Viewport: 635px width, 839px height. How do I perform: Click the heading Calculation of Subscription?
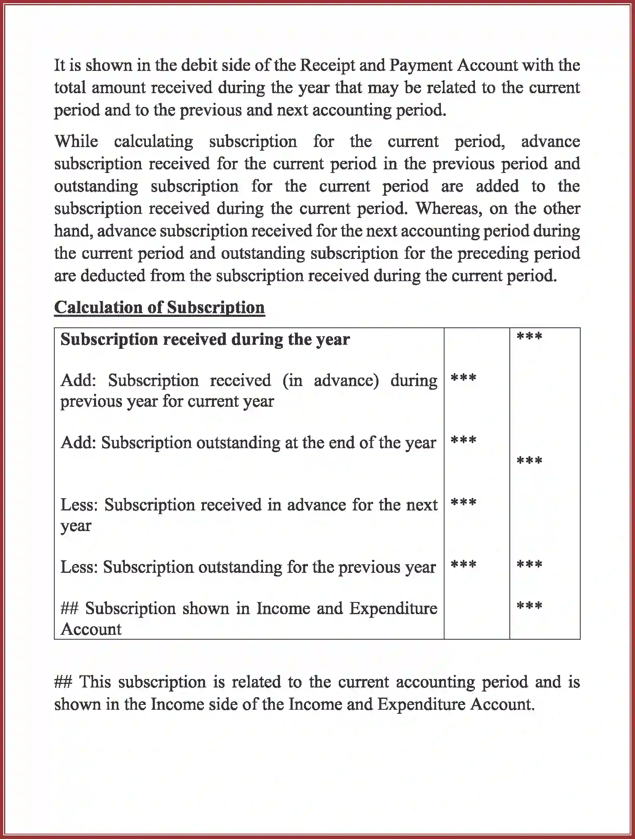[x=159, y=307]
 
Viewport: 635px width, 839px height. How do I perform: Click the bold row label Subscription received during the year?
[x=205, y=339]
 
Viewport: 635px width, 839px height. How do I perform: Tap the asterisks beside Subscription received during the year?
[x=529, y=337]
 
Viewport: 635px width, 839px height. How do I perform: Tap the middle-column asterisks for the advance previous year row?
[x=463, y=379]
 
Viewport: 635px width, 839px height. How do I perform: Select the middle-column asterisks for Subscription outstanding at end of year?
[x=463, y=441]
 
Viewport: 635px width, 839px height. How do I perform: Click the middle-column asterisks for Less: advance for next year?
[x=463, y=503]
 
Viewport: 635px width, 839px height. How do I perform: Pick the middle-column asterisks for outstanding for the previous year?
[x=463, y=565]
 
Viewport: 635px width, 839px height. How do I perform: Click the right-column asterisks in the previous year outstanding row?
[x=529, y=565]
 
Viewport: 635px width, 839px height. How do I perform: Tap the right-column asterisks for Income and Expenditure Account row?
[x=529, y=606]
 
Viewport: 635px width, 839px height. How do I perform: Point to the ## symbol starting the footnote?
[x=63, y=682]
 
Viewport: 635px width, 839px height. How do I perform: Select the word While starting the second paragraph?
[x=76, y=142]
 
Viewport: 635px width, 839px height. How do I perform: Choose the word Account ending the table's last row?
[x=91, y=629]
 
